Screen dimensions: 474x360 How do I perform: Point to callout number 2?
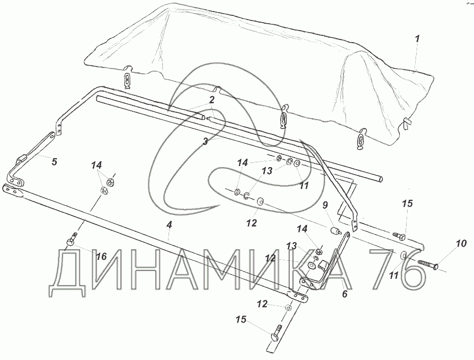point(211,99)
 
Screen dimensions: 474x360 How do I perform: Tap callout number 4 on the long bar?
point(169,225)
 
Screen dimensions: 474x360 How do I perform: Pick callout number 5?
point(54,161)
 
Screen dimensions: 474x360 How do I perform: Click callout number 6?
point(345,294)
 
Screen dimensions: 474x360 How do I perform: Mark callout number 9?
point(324,205)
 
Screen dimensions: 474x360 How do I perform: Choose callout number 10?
point(461,244)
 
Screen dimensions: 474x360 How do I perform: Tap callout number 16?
point(101,256)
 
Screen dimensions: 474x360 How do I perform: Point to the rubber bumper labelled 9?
point(333,231)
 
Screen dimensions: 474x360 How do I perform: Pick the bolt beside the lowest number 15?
point(278,333)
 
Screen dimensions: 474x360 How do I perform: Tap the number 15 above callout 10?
point(408,203)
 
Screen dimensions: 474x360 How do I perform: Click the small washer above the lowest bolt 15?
point(289,307)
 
